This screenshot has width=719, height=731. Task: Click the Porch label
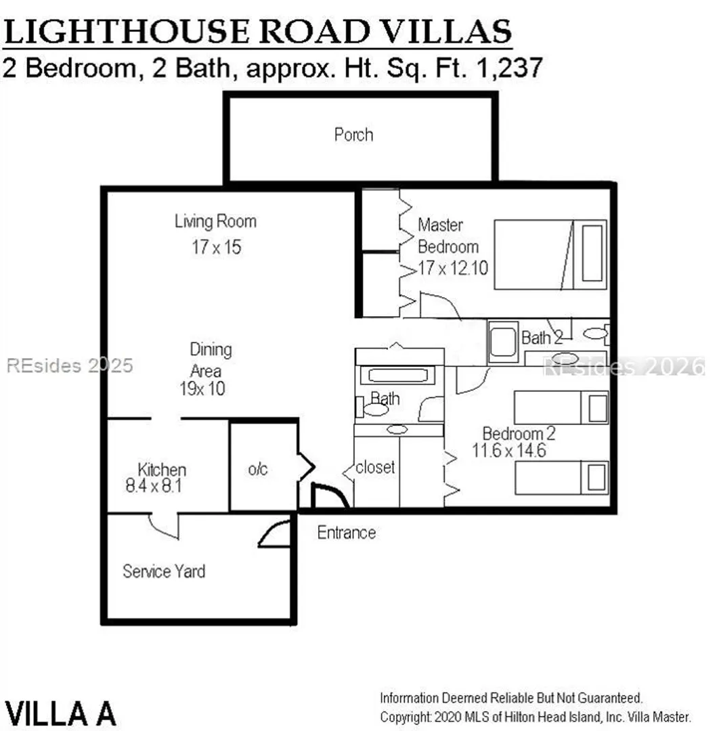[x=353, y=135]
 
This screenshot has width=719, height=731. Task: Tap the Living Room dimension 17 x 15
[x=217, y=247]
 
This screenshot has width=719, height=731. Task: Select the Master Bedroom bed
[x=550, y=254]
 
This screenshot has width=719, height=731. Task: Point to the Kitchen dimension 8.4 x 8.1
[x=154, y=486]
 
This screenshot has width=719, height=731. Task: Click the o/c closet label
[x=258, y=469]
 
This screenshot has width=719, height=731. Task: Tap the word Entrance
[x=347, y=533]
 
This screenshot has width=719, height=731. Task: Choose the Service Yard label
[x=164, y=571]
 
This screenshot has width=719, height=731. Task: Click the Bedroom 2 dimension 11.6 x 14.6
[x=508, y=451]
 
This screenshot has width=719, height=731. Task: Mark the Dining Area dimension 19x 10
[x=202, y=389]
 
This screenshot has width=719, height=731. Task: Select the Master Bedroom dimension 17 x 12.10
[x=453, y=268]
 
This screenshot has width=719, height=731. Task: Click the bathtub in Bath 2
[x=503, y=342]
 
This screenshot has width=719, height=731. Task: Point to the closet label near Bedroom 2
[x=375, y=467]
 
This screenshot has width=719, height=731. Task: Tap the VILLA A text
[x=60, y=713]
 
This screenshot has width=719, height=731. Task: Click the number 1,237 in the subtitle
[x=510, y=68]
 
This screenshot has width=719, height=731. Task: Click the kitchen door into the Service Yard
[x=164, y=527]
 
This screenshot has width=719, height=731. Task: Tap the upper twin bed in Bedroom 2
[x=561, y=407]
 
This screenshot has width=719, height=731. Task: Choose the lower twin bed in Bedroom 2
[x=561, y=477]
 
